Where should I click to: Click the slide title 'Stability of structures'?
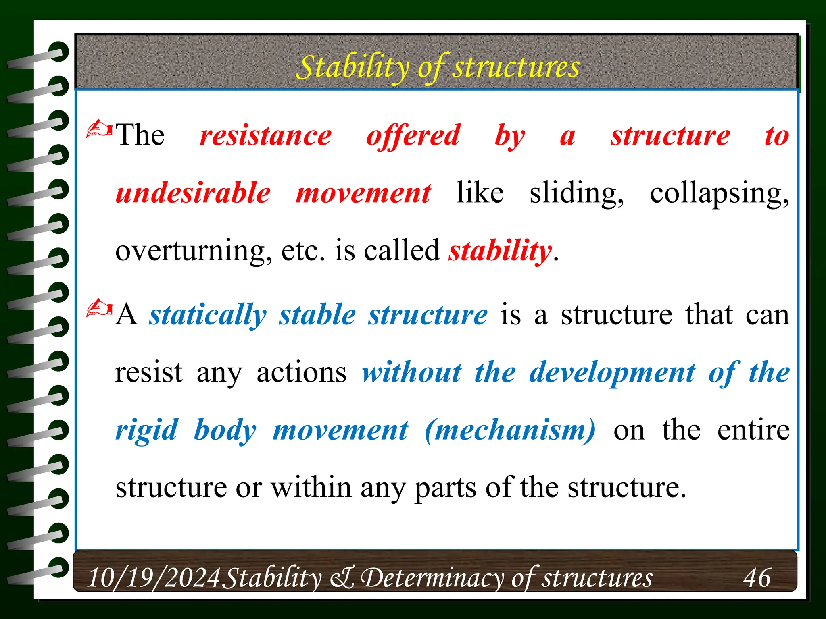438,67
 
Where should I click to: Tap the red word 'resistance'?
266,135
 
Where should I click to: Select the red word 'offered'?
413,135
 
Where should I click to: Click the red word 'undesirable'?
193,193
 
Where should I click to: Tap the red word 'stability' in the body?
500,251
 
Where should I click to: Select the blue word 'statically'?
208,315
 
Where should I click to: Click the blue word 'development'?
612,373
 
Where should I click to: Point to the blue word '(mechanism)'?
510,430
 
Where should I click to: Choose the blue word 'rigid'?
146,430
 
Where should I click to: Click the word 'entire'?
753,430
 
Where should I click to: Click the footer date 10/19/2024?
153,578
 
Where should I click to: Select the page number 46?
757,578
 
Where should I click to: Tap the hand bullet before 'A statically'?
99,309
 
